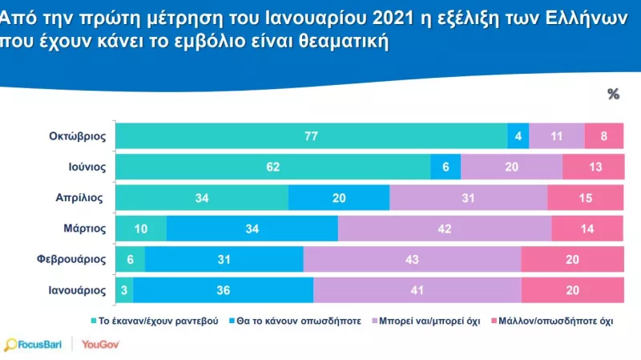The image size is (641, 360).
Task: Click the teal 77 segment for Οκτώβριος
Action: pyautogui.click(x=312, y=136)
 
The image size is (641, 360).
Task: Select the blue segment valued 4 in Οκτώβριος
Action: pyautogui.click(x=518, y=136)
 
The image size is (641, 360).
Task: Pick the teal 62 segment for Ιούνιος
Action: pyautogui.click(x=273, y=167)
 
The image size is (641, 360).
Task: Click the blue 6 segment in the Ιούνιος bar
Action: pyautogui.click(x=445, y=167)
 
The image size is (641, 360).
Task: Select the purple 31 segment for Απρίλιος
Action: pyautogui.click(x=468, y=197)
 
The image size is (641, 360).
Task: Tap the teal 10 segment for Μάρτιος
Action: pyautogui.click(x=141, y=228)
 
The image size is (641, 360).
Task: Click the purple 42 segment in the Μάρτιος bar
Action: pyautogui.click(x=445, y=228)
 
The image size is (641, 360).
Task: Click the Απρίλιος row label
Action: pyautogui.click(x=83, y=197)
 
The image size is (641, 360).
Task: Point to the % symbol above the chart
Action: pyautogui.click(x=614, y=94)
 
